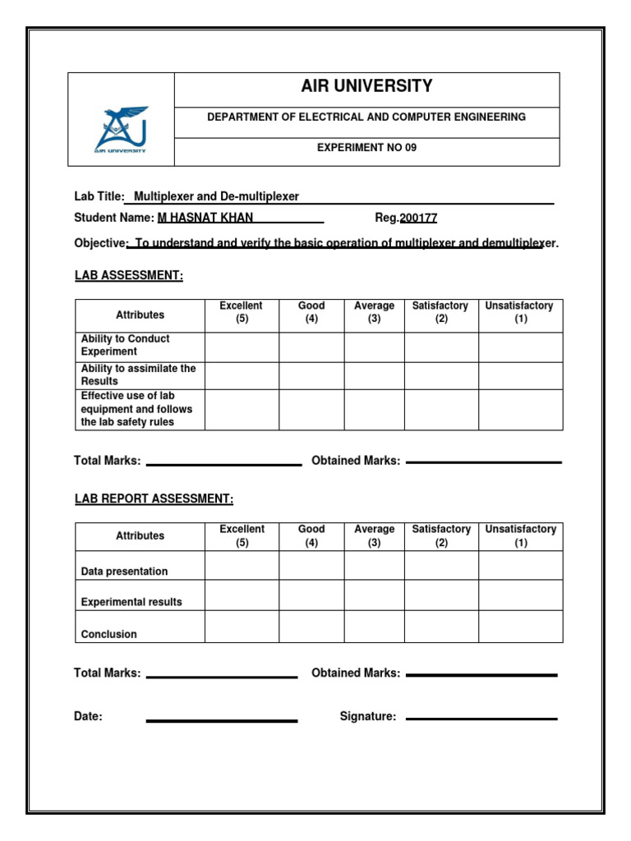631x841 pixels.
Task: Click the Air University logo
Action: click(121, 129)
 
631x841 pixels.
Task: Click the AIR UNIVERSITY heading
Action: click(366, 86)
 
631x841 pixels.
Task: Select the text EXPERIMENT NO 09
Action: click(366, 148)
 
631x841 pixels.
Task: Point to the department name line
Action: click(366, 117)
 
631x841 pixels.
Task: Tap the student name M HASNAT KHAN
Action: click(205, 218)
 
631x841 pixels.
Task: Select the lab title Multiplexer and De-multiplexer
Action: click(216, 196)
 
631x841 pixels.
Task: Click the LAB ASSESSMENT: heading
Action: click(128, 275)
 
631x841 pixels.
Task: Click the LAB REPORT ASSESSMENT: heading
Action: click(154, 499)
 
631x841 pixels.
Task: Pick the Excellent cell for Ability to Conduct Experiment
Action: click(242, 347)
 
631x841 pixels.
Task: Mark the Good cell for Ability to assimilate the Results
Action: click(311, 375)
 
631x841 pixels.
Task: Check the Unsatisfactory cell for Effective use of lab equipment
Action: click(521, 410)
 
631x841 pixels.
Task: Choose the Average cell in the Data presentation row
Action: click(374, 565)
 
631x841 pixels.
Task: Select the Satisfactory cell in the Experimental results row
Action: click(441, 595)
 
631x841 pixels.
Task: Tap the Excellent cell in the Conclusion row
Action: click(242, 626)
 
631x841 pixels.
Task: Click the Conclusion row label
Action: click(109, 634)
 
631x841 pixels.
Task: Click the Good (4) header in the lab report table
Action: click(311, 535)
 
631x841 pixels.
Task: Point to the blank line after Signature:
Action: click(481, 719)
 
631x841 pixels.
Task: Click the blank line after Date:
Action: click(222, 720)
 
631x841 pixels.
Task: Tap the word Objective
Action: click(99, 244)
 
